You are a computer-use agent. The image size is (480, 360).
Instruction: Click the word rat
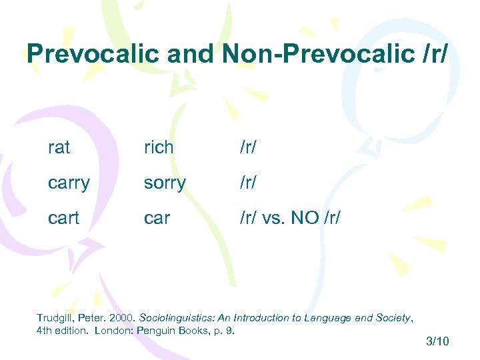coord(59,147)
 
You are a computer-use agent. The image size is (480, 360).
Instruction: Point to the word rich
coord(159,147)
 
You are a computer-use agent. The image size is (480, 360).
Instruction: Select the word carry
coord(69,183)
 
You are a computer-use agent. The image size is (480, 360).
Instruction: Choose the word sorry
coord(165,183)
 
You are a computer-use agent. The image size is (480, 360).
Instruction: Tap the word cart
coord(63,218)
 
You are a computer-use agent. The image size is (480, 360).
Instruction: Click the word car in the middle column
coord(157,218)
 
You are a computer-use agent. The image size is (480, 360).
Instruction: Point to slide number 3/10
coord(437,342)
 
